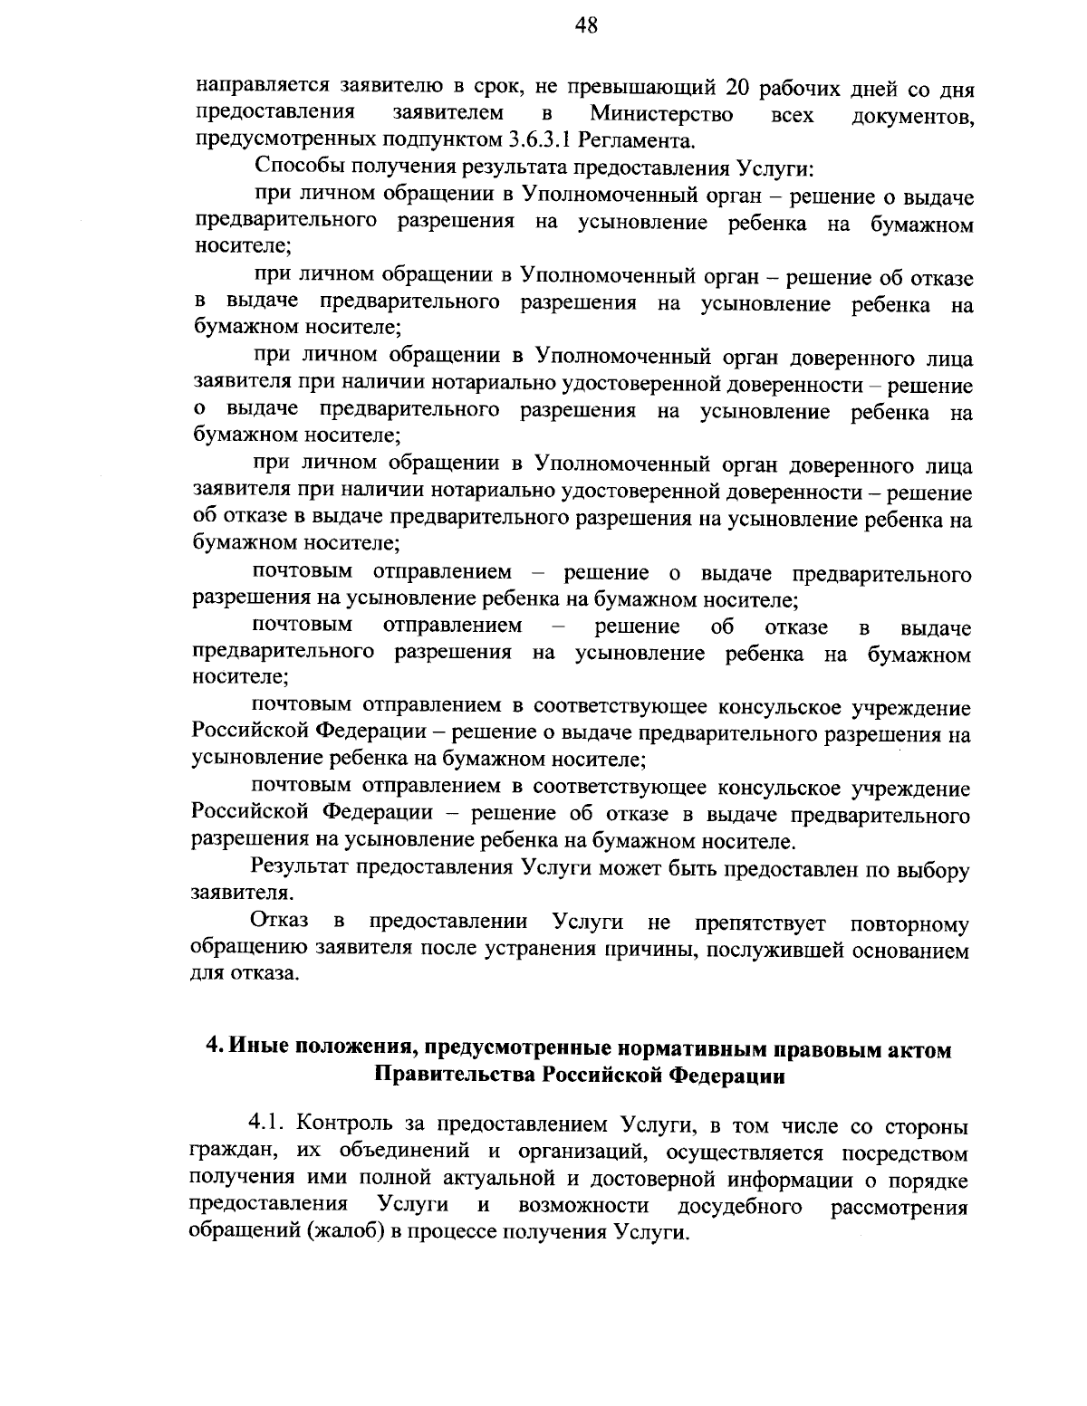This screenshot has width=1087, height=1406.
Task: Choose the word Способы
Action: [300, 167]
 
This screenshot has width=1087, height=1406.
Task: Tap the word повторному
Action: [910, 924]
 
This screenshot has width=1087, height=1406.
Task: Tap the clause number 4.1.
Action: [267, 1126]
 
